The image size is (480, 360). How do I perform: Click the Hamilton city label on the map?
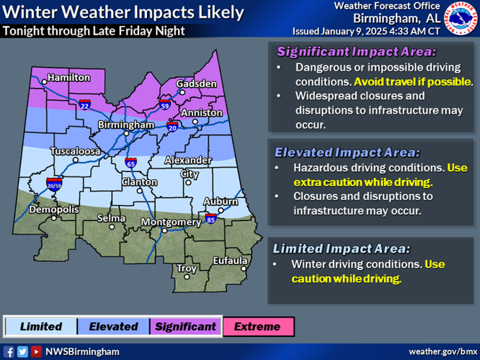click(68, 77)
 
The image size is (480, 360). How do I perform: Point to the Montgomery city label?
click(169, 222)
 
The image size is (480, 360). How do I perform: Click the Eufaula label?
click(229, 261)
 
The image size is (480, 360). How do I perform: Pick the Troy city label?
click(187, 269)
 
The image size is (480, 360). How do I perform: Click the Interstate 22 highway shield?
click(84, 104)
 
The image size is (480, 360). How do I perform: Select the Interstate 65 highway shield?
click(130, 162)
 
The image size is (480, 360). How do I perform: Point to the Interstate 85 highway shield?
click(210, 216)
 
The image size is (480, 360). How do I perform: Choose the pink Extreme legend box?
click(258, 326)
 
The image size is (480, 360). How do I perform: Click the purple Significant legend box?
click(185, 326)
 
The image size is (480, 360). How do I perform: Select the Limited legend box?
click(40, 326)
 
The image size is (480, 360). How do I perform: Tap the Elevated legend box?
click(113, 326)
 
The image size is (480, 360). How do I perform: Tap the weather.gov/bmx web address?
click(441, 351)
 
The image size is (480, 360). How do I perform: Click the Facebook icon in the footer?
click(9, 351)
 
